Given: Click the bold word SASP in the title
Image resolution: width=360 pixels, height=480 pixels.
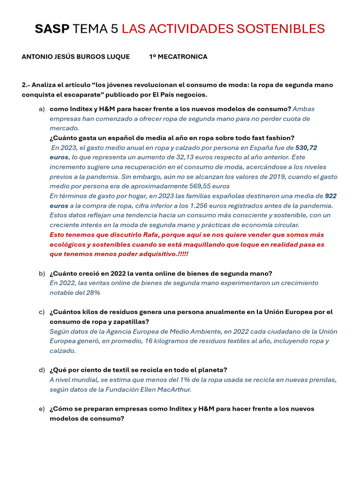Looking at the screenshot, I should click(52, 29).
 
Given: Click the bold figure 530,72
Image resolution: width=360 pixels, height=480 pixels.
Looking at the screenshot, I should click(306, 148).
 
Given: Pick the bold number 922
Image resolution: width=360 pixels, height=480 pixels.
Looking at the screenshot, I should click(330, 196).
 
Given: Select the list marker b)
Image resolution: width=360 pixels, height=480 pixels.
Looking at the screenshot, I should click(42, 273).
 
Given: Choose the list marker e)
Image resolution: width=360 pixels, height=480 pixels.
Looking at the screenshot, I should click(42, 409).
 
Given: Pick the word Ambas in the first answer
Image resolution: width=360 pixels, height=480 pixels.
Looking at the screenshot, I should click(303, 109).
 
